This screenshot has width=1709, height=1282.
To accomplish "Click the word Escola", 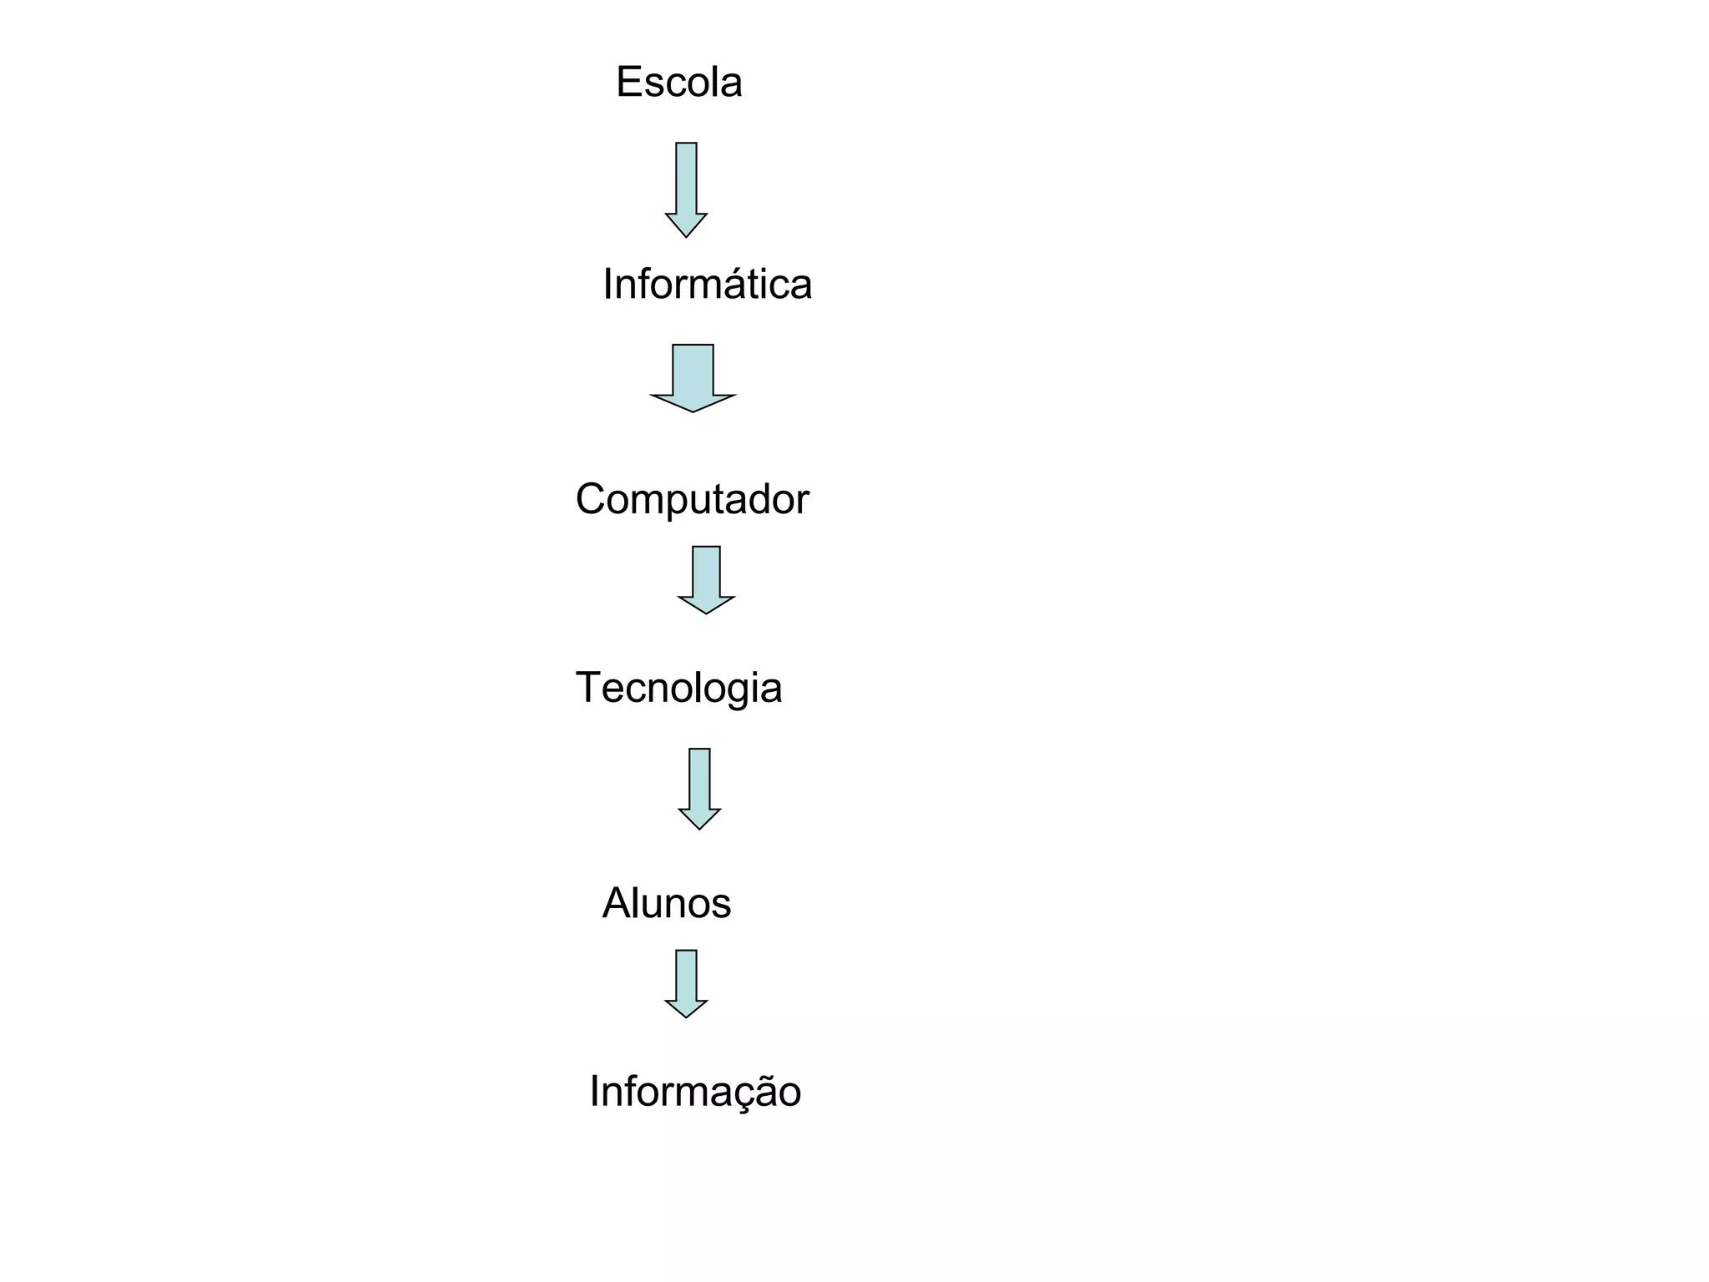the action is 678,83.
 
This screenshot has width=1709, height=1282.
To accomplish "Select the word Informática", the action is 707,284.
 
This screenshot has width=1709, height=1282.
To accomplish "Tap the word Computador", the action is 692,499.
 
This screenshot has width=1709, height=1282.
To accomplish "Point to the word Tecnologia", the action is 678,689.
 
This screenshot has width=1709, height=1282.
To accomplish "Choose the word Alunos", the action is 666,903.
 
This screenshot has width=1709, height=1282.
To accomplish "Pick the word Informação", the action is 695,1092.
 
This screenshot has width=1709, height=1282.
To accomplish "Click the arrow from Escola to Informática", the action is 686,189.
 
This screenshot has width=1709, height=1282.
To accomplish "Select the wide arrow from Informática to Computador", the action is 693,377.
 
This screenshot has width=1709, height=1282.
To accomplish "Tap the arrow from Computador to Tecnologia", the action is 706,579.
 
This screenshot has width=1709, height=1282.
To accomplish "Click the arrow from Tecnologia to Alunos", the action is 699,788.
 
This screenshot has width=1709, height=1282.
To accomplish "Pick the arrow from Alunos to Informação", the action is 686,983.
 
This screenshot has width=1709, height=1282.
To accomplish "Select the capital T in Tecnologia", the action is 588,688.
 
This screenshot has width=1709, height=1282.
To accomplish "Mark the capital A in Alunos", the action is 616,903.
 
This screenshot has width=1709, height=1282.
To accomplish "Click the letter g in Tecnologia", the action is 747,692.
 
